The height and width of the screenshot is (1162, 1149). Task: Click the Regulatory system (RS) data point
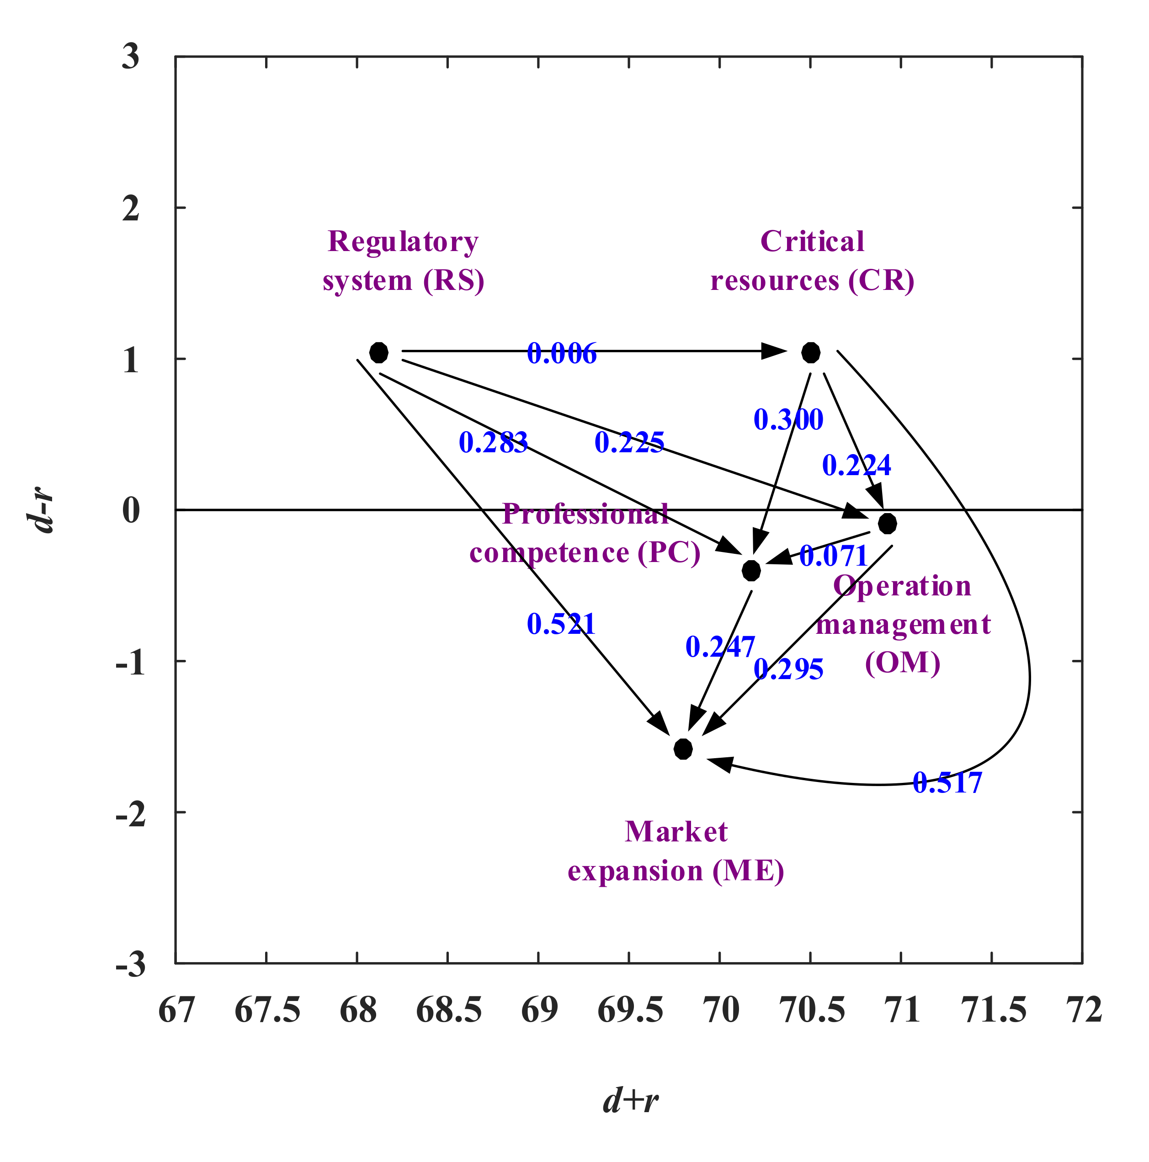379,353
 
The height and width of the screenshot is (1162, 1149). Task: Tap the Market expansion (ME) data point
683,749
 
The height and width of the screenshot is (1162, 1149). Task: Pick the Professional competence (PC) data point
751,570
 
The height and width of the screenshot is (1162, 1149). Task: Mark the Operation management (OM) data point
888,523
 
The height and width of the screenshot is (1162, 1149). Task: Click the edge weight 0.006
562,353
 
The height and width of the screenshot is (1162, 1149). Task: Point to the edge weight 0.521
561,624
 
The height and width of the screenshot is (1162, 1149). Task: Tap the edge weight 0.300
788,420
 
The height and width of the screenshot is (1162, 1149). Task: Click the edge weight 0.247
720,647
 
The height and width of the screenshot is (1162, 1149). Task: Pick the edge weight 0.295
788,669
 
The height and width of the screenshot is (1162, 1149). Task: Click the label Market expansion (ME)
676,851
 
